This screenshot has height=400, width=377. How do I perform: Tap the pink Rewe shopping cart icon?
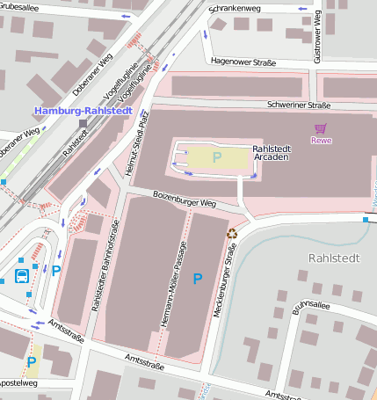(321, 129)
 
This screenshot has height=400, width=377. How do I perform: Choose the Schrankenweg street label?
(235, 9)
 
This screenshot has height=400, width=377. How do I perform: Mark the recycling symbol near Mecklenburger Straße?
(232, 234)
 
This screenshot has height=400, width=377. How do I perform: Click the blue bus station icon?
(21, 275)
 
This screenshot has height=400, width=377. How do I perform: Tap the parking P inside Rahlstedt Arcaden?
(216, 157)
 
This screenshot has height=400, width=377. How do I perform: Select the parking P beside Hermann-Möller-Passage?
(197, 279)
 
